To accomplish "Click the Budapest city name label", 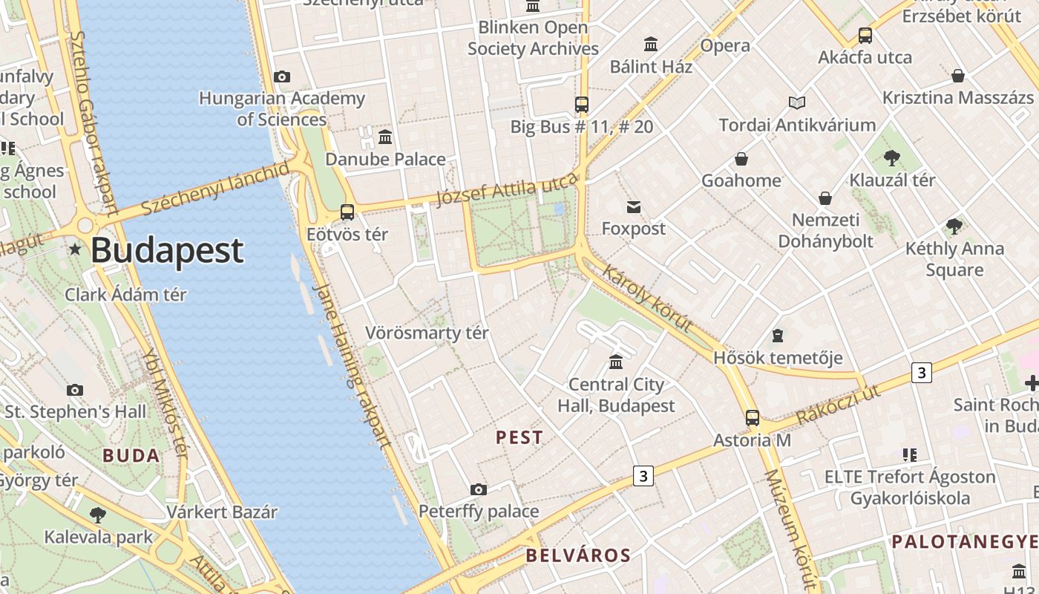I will tap(167, 251).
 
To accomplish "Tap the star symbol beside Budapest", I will tap(75, 249).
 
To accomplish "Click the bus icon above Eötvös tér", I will tap(347, 212).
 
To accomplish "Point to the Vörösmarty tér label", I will tap(427, 333).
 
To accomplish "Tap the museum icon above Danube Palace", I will tap(385, 137).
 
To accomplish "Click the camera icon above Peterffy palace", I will tap(479, 489).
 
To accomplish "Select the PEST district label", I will tap(519, 437).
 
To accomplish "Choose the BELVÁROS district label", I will tap(578, 555).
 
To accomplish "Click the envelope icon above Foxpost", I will tap(634, 207).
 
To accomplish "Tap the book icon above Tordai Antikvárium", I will tap(797, 102).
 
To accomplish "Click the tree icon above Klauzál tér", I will tap(892, 158).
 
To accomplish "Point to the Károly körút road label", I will tap(647, 298).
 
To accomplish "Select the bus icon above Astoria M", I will tap(753, 418).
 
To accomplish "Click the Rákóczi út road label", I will tap(838, 405).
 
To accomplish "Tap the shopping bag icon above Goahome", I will tap(741, 159).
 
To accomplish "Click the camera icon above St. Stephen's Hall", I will tap(75, 390).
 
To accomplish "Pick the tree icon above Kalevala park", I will tap(97, 515).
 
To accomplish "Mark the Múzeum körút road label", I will tap(790, 527).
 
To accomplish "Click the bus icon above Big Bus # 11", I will tap(582, 105).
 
